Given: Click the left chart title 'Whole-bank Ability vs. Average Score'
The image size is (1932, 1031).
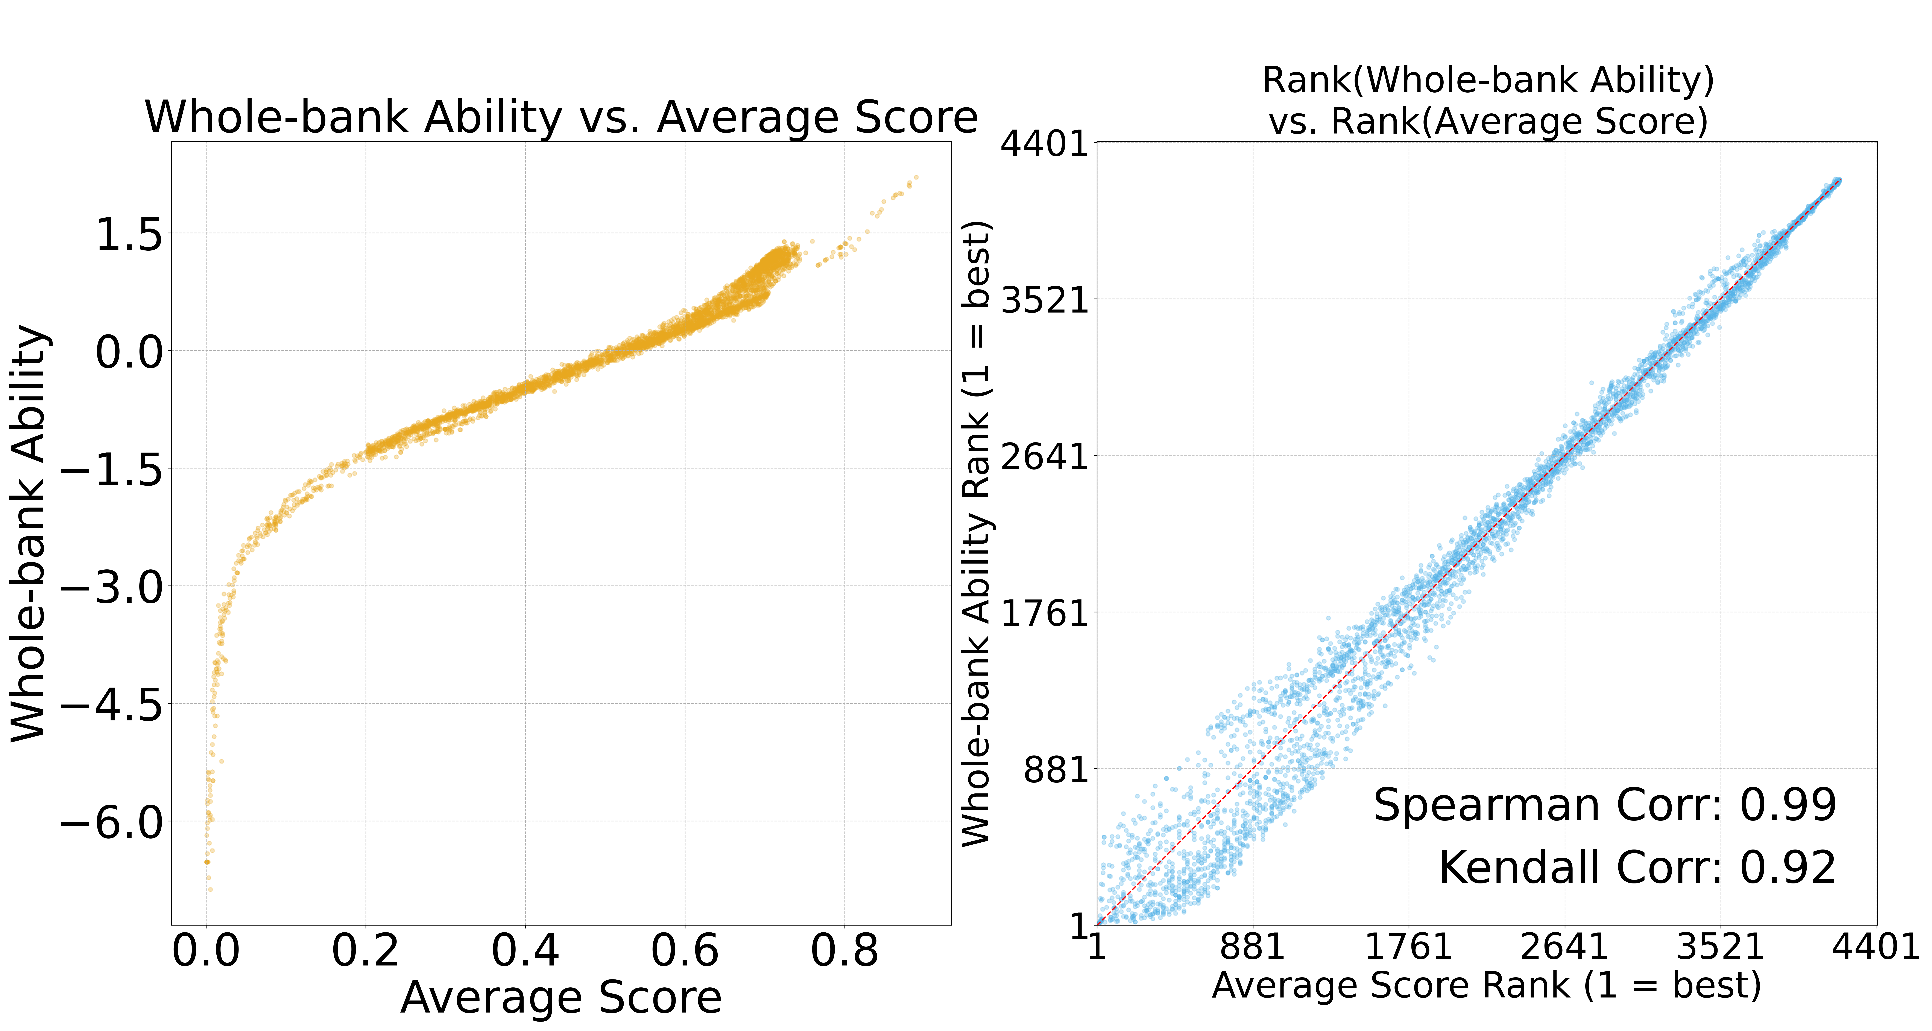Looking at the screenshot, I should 561,118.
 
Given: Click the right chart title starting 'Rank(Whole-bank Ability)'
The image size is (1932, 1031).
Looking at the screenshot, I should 1488,101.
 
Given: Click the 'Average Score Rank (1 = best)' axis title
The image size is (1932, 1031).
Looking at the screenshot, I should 1487,985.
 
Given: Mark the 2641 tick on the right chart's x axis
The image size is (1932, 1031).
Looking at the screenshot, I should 1564,947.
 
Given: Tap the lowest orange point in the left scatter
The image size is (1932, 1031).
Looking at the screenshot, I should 210,890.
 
